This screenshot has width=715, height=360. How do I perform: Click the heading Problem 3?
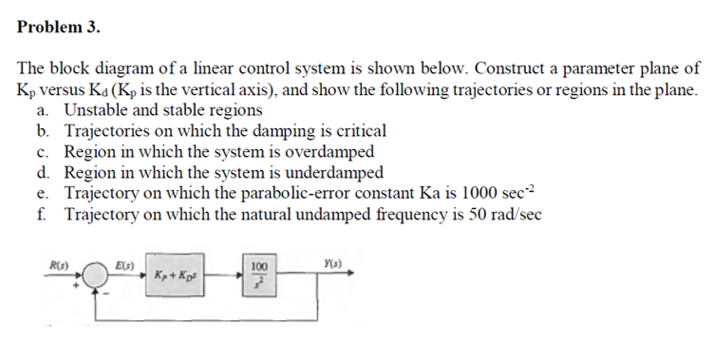58,27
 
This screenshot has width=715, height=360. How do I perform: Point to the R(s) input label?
55,259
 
